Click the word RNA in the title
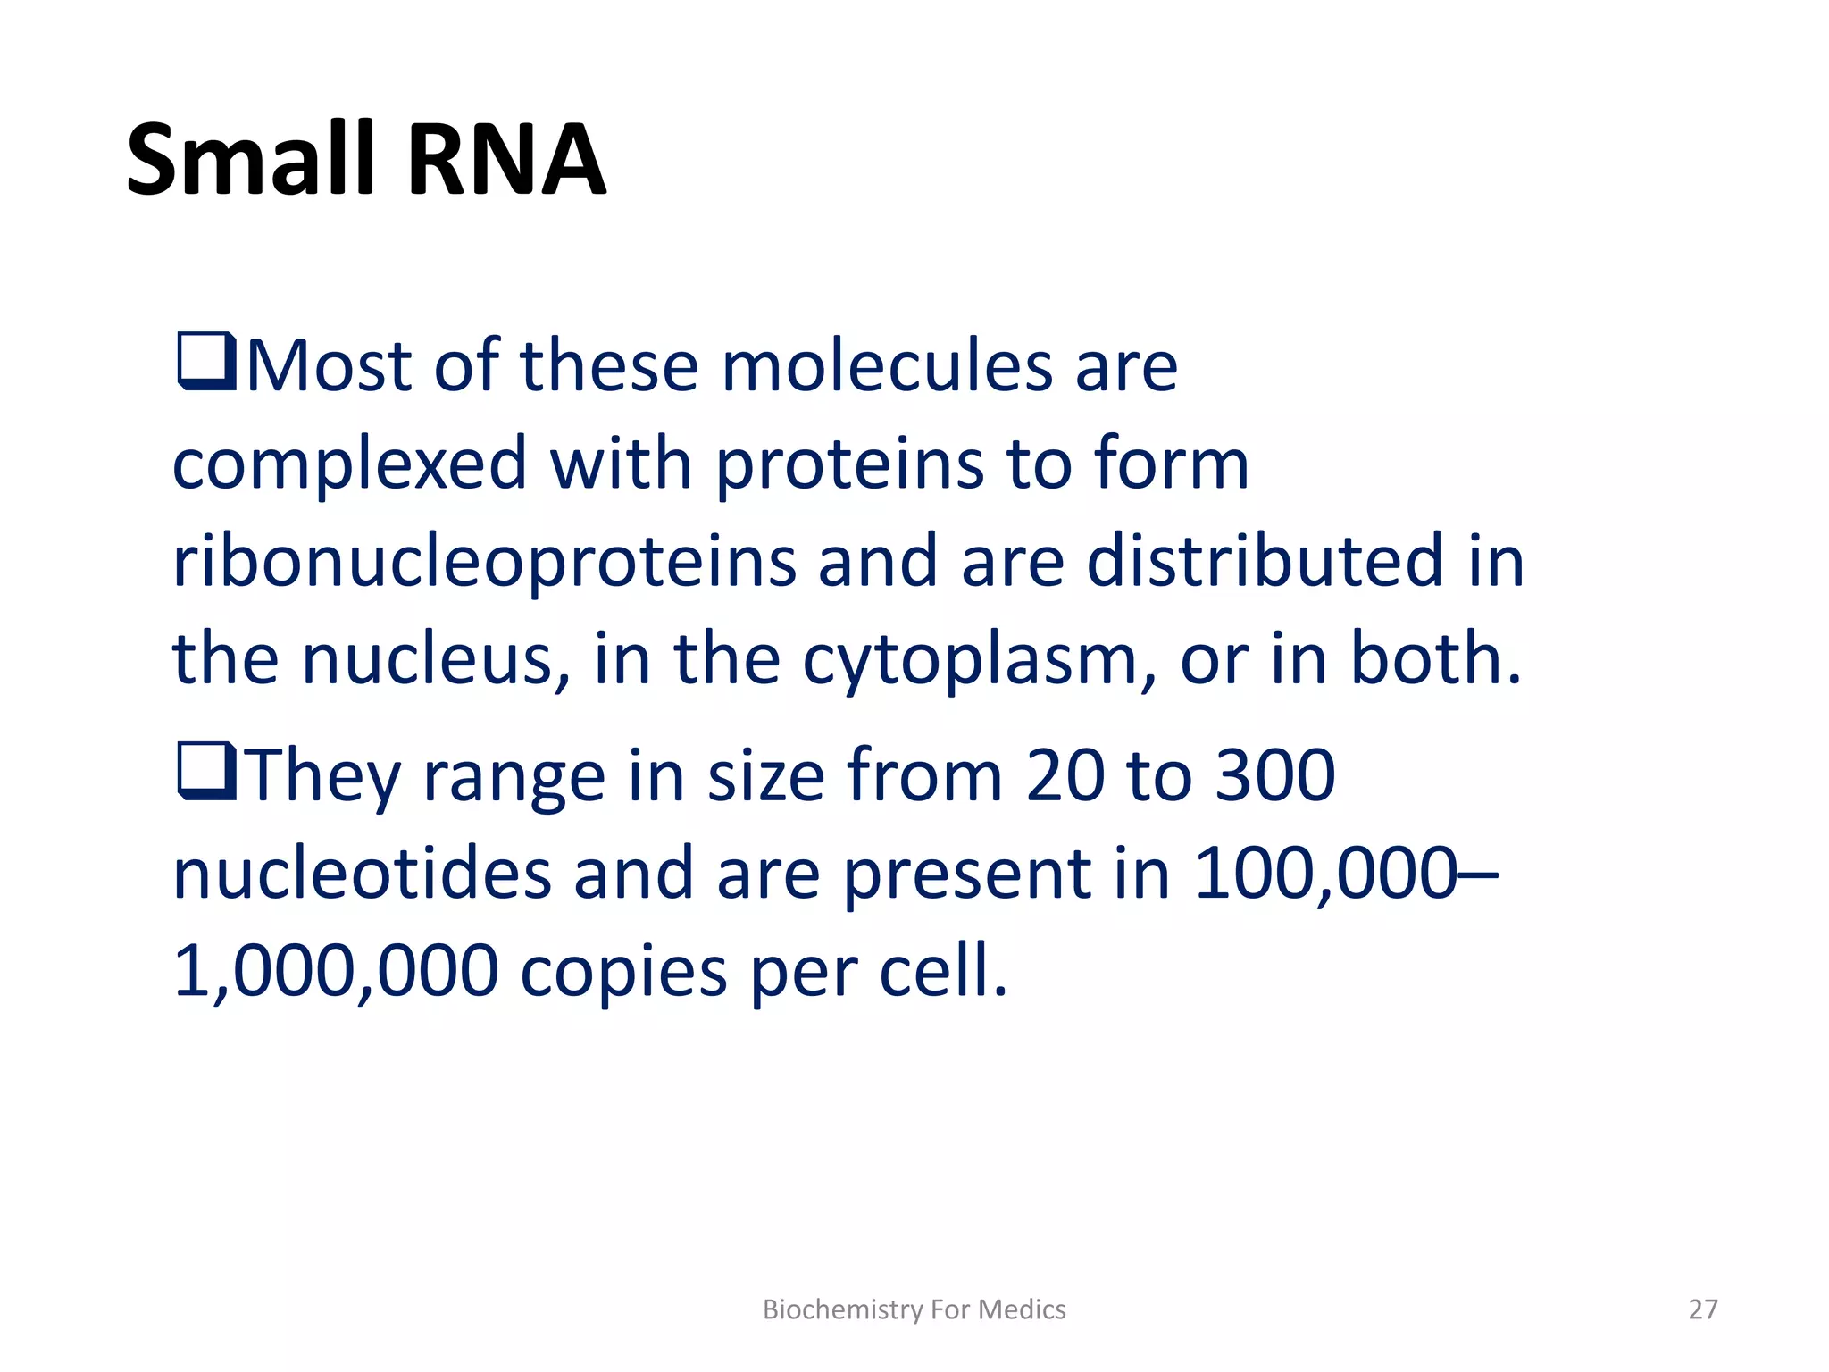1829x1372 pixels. tap(506, 161)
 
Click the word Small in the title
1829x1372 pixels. tap(250, 161)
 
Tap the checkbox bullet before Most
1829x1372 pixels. tap(206, 361)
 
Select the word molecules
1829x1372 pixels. tap(887, 366)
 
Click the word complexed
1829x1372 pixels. tap(349, 464)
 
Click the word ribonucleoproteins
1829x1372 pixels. tap(483, 562)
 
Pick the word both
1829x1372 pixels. tap(1434, 658)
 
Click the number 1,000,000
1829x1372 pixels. tap(336, 972)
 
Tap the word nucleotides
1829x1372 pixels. tap(362, 873)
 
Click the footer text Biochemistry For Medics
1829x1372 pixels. tap(914, 1309)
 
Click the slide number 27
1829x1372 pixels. tap(1702, 1309)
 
